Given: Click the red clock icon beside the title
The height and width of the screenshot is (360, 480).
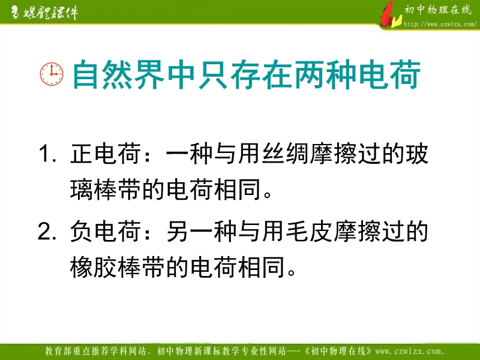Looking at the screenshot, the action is point(52,74).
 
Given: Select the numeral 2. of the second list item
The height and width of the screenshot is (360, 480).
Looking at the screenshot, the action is point(47,231).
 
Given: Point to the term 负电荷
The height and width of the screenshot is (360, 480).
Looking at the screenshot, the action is point(106,231).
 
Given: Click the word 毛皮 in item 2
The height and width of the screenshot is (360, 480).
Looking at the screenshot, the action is point(309,231).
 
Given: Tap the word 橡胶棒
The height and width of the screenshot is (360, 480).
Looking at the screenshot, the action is point(106,267).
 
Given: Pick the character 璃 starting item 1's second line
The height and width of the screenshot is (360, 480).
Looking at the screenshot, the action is point(82,189).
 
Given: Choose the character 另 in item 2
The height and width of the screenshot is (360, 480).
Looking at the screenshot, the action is point(178,231).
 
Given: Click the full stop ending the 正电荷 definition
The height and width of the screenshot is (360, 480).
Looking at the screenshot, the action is point(267,194).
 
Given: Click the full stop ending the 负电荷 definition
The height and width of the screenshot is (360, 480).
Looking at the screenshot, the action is point(292,272).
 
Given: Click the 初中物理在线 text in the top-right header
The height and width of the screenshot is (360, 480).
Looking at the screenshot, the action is point(438,10).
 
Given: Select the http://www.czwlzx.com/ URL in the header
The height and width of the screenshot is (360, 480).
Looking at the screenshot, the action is point(440,24).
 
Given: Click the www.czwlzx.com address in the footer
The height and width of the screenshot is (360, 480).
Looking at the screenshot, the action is point(410,351).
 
